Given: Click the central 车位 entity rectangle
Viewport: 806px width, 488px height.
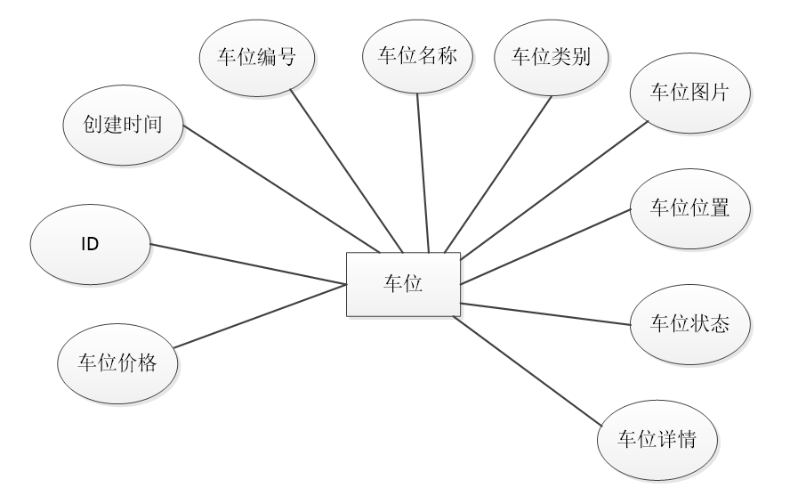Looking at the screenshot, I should (x=403, y=284).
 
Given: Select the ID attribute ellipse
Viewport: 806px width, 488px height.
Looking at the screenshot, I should (x=90, y=243).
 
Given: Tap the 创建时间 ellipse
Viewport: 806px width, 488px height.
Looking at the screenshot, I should (x=123, y=125).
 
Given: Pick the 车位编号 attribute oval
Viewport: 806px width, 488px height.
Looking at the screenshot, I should (x=256, y=57).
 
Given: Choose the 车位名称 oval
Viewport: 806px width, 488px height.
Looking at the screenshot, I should (x=417, y=57).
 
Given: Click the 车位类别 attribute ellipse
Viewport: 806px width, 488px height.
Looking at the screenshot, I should (x=552, y=57).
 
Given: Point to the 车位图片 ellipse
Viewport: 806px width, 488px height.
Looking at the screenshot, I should (x=689, y=93).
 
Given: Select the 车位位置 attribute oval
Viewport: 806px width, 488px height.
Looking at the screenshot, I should (x=689, y=207).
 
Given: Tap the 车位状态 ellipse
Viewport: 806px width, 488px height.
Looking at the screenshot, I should (x=689, y=323).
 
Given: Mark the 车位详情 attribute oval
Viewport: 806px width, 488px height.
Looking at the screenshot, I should (x=657, y=440).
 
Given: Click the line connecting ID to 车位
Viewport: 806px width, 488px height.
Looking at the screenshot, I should (x=248, y=264).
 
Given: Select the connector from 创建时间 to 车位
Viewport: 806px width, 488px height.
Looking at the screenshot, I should (x=280, y=188).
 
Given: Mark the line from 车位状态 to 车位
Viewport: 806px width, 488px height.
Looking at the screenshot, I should (x=545, y=313).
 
